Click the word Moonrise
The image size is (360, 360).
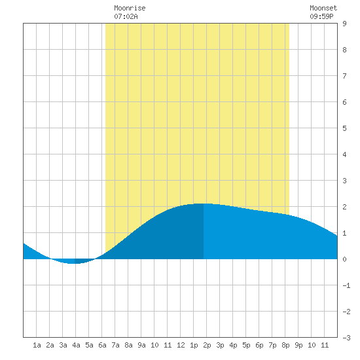click(x=130, y=8)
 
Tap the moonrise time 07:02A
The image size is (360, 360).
click(x=126, y=16)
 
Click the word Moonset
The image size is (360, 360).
click(x=323, y=8)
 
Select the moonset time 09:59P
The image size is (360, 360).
click(x=321, y=16)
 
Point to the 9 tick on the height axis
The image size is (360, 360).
click(x=344, y=24)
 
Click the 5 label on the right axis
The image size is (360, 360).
click(x=344, y=128)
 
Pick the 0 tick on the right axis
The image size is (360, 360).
click(x=344, y=259)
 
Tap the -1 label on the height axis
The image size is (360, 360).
click(x=346, y=285)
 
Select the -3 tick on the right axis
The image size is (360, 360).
click(x=346, y=338)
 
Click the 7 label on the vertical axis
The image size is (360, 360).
click(x=344, y=76)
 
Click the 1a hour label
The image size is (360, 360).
click(x=37, y=345)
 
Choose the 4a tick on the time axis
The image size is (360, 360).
click(x=76, y=345)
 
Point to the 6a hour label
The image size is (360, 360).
click(x=102, y=345)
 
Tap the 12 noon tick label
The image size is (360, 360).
click(x=181, y=345)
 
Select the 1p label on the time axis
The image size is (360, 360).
click(x=194, y=345)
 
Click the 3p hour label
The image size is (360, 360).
click(x=220, y=345)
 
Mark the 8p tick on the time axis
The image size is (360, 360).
click(x=285, y=345)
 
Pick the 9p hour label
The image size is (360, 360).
click(x=298, y=345)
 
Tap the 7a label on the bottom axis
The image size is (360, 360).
click(x=115, y=345)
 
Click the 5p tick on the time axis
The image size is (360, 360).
click(x=246, y=345)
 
